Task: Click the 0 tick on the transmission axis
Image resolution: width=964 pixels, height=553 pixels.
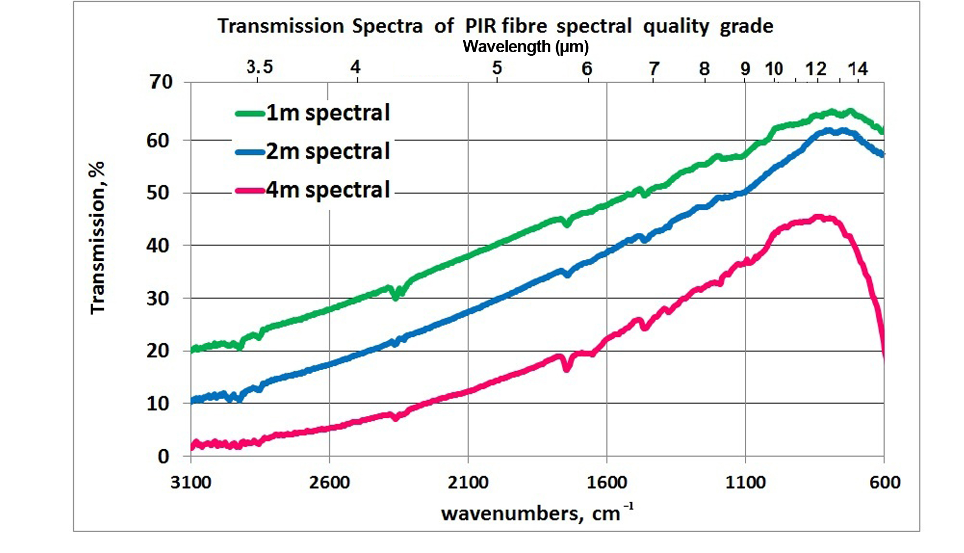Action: coord(163,456)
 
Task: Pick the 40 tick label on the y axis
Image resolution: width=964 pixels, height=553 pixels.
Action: coord(158,246)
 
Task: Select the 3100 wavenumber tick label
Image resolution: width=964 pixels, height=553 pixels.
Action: coord(191,482)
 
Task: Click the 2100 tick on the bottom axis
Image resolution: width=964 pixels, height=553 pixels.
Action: coord(468,482)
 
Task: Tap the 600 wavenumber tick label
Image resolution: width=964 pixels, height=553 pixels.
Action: coord(885,482)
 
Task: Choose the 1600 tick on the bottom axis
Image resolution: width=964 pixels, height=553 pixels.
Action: coord(607,482)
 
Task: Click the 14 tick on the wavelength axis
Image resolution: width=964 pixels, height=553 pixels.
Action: coord(858,68)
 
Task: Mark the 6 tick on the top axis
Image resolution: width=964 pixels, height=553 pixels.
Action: coord(587,68)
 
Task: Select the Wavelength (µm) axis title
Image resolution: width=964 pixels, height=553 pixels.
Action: coord(526,47)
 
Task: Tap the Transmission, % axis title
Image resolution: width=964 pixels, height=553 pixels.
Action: coord(97,238)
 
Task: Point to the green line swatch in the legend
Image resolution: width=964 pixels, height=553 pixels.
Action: coord(250,113)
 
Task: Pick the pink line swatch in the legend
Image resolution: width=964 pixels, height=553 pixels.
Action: coord(250,191)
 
